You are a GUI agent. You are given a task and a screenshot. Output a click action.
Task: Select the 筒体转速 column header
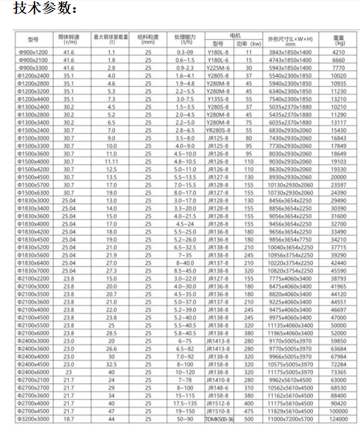(69, 39)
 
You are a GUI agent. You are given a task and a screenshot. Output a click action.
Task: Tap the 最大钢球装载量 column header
(111, 39)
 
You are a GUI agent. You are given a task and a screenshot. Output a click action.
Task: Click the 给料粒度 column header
(148, 39)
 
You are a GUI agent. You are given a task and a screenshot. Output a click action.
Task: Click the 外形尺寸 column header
(290, 39)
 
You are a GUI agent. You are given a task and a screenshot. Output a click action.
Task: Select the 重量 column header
(339, 39)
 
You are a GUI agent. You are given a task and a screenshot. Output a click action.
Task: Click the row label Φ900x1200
(34, 52)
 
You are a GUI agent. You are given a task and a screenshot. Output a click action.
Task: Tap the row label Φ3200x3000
(34, 419)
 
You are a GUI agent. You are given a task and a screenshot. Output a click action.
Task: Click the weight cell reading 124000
(339, 419)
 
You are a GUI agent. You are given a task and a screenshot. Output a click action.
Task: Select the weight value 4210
(339, 52)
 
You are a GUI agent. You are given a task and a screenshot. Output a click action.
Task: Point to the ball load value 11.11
(111, 161)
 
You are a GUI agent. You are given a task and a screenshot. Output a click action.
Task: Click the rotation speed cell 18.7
(69, 419)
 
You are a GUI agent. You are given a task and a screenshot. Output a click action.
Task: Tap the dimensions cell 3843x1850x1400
(290, 52)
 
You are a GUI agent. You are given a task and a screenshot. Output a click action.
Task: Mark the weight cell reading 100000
(339, 411)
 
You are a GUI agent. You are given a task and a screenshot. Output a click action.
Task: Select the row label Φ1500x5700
(34, 184)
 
